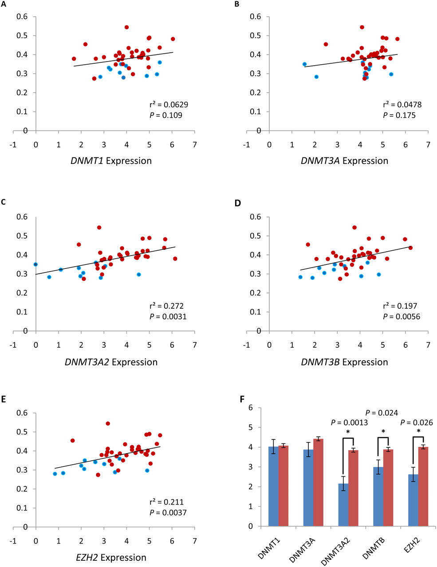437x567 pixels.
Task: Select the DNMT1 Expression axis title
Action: pyautogui.click(x=111, y=161)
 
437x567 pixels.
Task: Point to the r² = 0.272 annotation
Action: pyautogui.click(x=166, y=306)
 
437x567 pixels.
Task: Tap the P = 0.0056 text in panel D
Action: pyautogui.click(x=402, y=317)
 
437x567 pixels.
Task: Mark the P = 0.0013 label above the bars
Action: pyautogui.click(x=349, y=423)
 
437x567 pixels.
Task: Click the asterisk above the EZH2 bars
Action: pyautogui.click(x=418, y=431)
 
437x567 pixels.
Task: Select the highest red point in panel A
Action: pyautogui.click(x=126, y=27)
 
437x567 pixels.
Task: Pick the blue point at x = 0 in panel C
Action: pyautogui.click(x=35, y=264)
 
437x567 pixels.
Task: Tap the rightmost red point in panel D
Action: pyautogui.click(x=410, y=248)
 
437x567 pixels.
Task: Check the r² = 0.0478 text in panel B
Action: pyautogui.click(x=402, y=105)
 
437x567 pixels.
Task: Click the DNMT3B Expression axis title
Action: pyautogui.click(x=344, y=362)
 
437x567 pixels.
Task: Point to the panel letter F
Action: pyautogui.click(x=242, y=399)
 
